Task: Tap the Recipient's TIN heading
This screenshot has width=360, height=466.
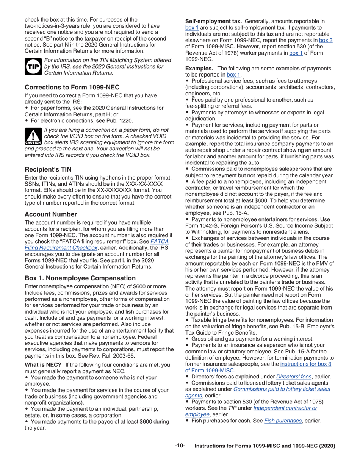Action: coord(48,169)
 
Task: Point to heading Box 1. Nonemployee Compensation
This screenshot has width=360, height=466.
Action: coord(80,278)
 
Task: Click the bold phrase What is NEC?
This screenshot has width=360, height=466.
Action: coord(43,364)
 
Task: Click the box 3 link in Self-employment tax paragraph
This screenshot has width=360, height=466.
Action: coord(326,40)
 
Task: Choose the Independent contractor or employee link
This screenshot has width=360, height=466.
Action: coord(285,408)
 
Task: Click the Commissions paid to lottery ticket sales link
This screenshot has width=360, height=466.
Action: coord(282,389)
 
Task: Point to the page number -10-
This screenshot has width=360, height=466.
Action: coord(180,446)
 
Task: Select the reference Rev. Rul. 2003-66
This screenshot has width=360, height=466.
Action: coord(114,356)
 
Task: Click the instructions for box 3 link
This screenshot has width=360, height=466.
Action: coord(305,364)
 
